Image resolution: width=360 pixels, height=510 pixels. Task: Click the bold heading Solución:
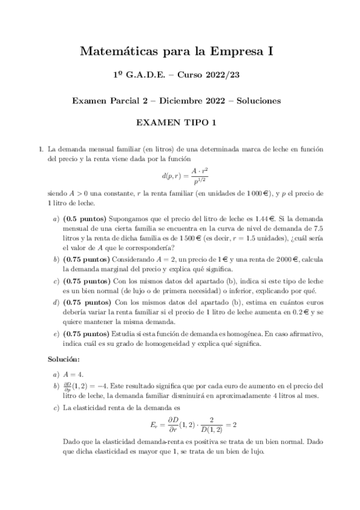(x=63, y=359)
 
